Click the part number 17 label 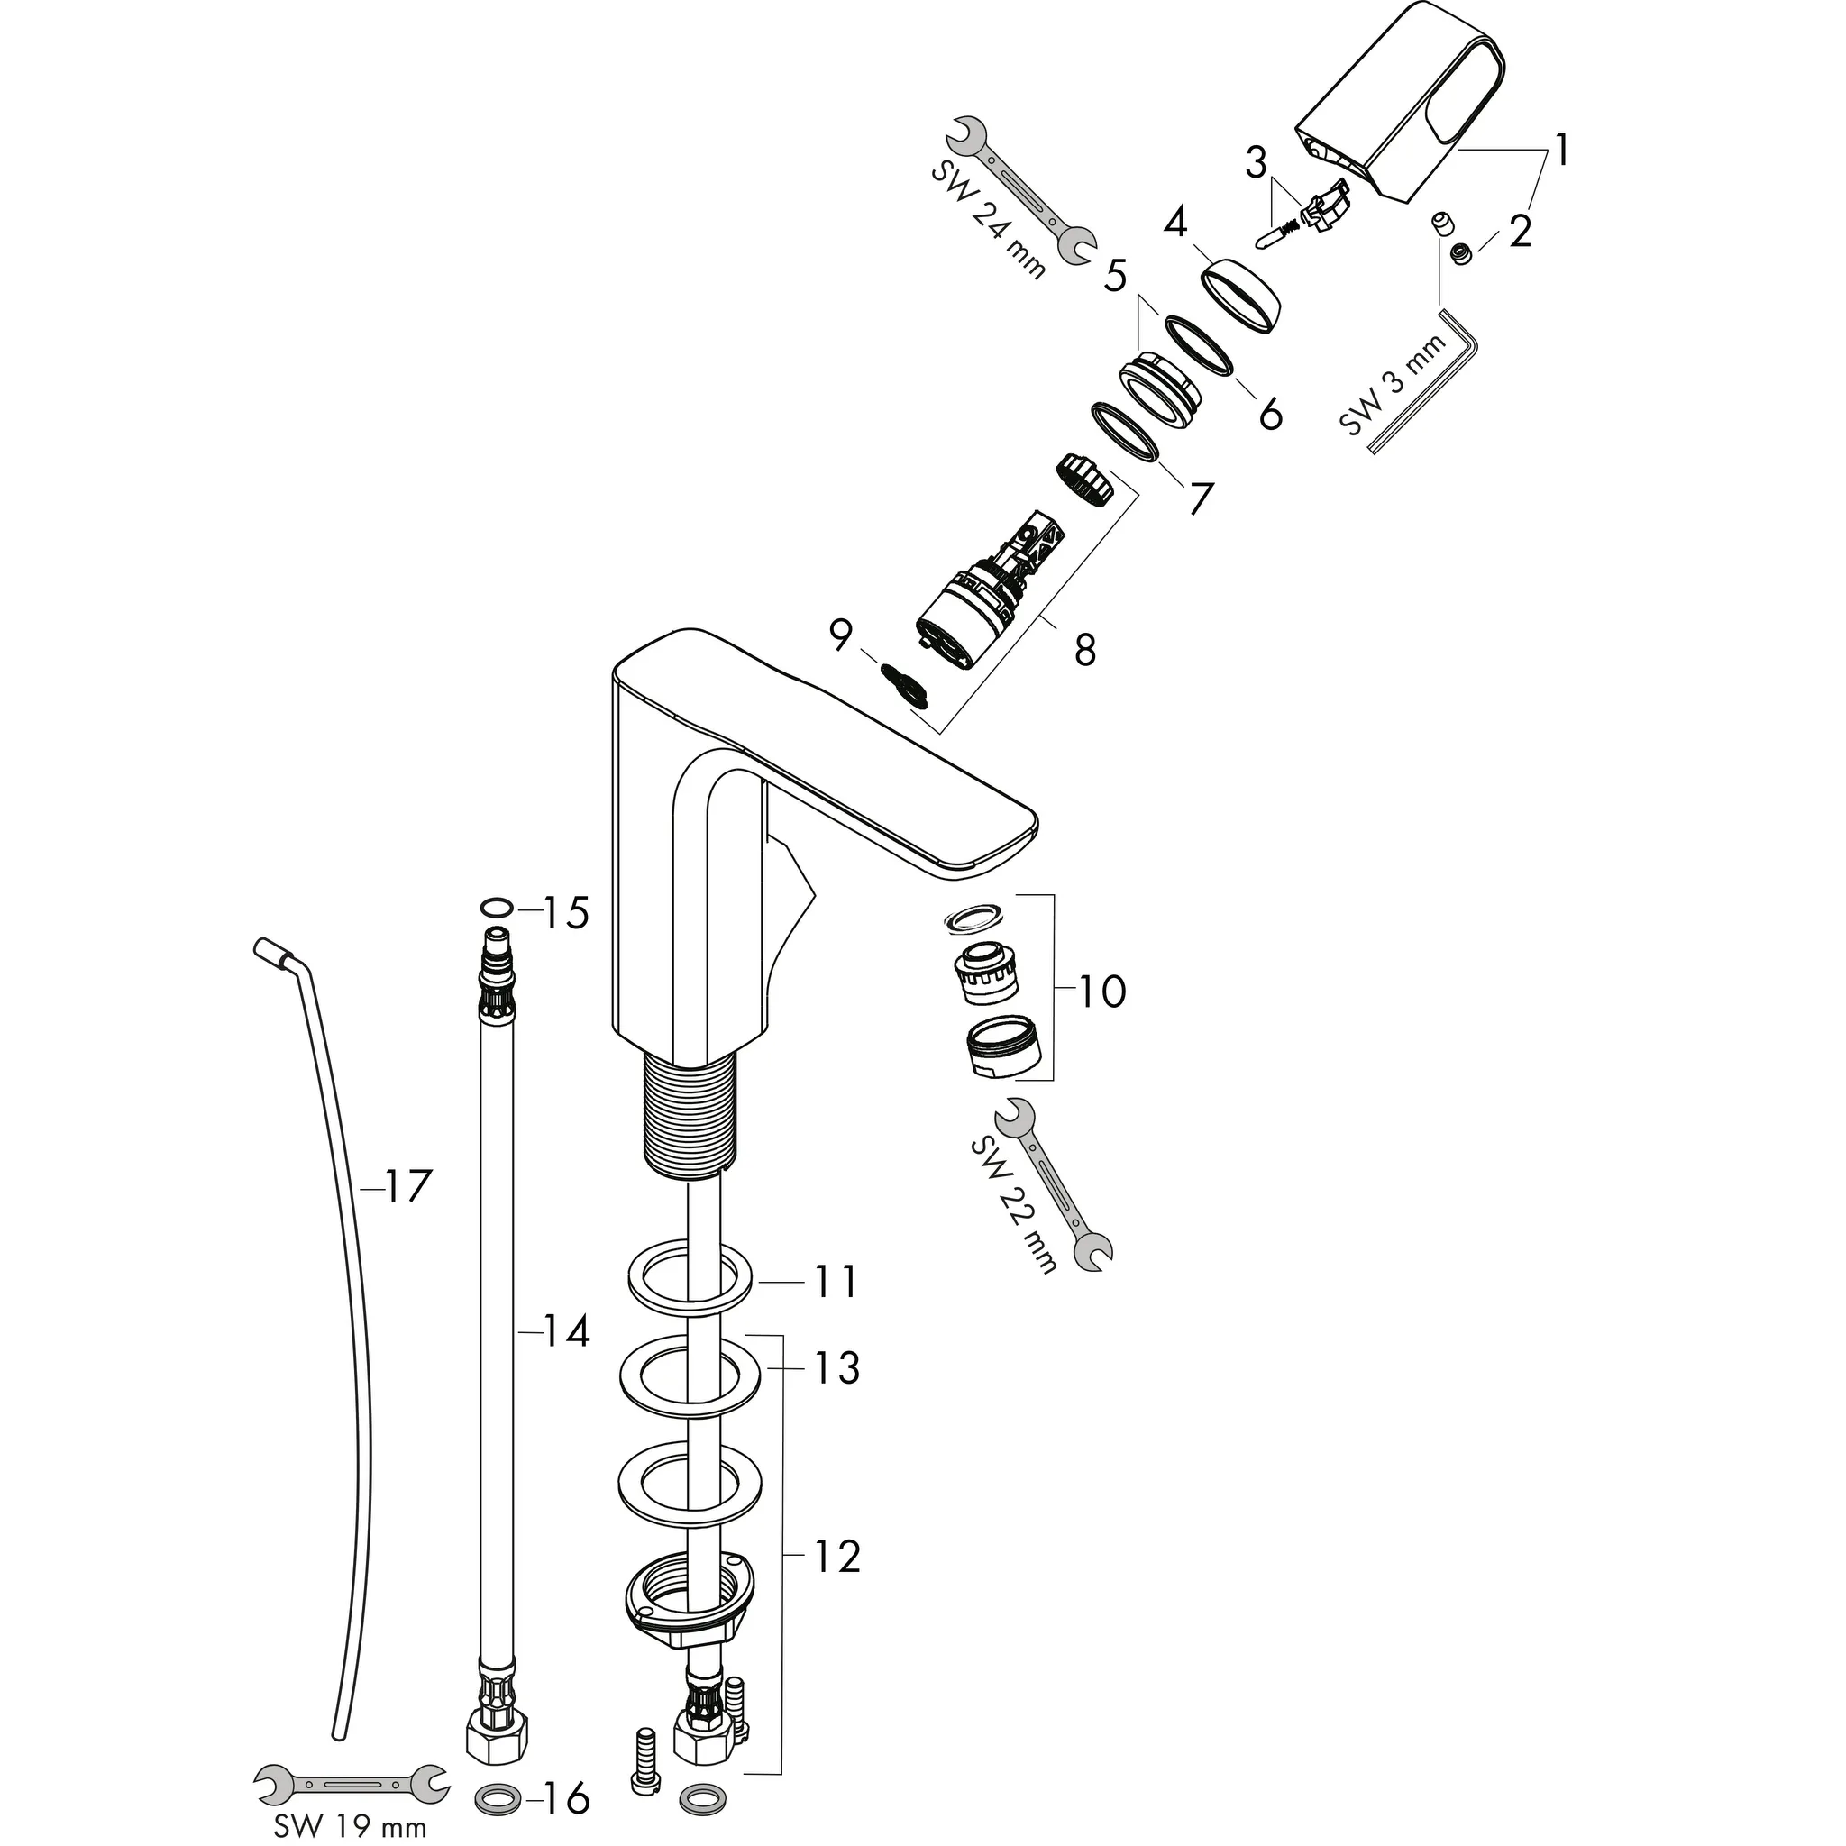click(408, 1189)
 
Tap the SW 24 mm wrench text click(987, 220)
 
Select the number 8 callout click(1084, 651)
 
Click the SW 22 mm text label click(1013, 1206)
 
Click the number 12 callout click(836, 1557)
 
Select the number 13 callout click(836, 1368)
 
